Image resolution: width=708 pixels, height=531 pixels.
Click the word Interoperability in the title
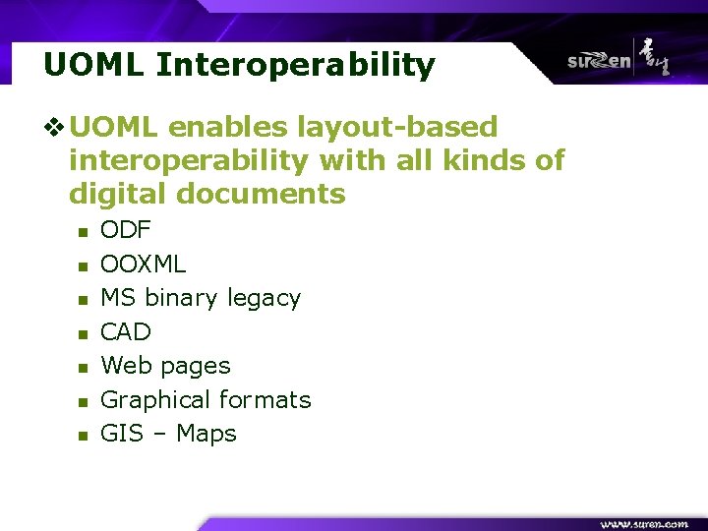pyautogui.click(x=295, y=66)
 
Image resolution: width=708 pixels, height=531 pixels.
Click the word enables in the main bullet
pyautogui.click(x=227, y=128)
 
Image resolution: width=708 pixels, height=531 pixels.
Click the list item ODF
pyautogui.click(x=126, y=230)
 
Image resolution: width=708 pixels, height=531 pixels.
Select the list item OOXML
pyautogui.click(x=144, y=264)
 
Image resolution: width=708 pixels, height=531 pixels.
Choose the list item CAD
pyautogui.click(x=126, y=331)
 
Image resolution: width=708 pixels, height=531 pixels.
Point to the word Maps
pyautogui.click(x=206, y=434)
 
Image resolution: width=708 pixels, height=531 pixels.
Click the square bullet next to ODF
pyautogui.click(x=83, y=232)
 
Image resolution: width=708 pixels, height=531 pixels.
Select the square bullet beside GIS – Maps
pyautogui.click(x=83, y=436)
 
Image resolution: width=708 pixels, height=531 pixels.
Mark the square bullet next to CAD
pyautogui.click(x=83, y=333)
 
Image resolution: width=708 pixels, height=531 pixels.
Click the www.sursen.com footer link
pyautogui.click(x=644, y=523)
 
